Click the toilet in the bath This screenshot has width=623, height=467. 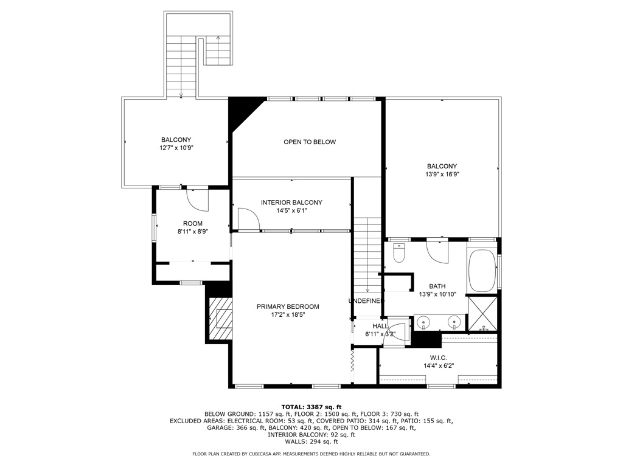(398, 253)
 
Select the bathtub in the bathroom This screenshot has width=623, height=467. (482, 271)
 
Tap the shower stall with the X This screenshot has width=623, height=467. (482, 314)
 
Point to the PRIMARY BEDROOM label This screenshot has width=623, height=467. (288, 306)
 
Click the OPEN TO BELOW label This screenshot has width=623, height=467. (310, 142)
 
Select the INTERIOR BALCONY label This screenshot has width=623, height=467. (291, 202)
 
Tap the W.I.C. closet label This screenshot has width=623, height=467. (438, 358)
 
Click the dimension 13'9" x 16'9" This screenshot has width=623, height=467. (442, 174)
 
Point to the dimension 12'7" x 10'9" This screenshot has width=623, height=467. (176, 148)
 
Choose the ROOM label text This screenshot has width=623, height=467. (193, 224)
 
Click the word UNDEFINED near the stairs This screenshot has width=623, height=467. (366, 301)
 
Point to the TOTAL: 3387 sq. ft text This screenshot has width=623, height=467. (311, 407)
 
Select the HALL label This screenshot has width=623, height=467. (380, 326)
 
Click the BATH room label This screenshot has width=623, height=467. (437, 286)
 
